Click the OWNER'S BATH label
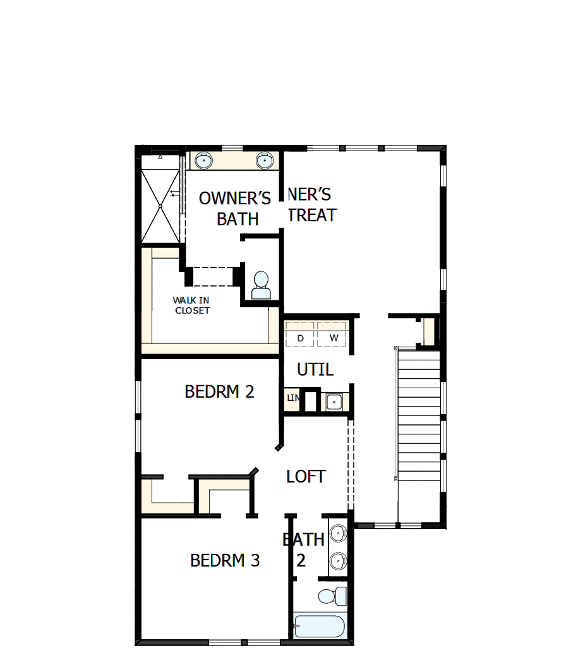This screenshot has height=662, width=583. (235, 208)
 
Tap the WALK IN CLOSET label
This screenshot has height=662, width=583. (192, 305)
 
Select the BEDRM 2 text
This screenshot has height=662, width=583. (219, 392)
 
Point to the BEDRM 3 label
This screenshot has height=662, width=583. (225, 561)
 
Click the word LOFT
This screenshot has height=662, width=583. (306, 477)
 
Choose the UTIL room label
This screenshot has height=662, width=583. (315, 369)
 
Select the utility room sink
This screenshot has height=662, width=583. (334, 401)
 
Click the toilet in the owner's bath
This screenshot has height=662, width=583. (261, 286)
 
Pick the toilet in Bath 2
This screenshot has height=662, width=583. (331, 596)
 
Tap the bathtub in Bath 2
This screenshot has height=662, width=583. (320, 627)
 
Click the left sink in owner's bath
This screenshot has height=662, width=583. (203, 161)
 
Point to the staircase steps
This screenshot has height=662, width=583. (419, 417)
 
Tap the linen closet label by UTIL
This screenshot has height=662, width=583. (292, 398)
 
